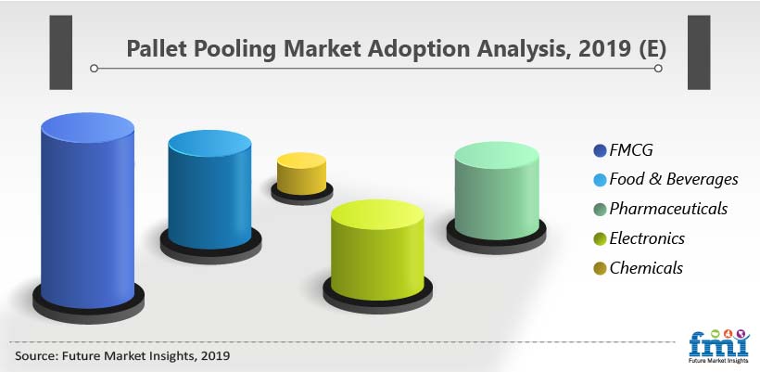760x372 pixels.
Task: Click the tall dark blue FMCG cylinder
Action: pos(88,211)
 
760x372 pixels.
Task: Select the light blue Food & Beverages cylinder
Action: pos(209,189)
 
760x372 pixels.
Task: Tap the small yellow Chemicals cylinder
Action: pos(301,173)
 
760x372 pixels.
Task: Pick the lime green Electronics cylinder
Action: pos(377,250)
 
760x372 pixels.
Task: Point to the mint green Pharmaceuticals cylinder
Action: pos(497,190)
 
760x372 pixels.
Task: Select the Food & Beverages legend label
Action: pos(674,179)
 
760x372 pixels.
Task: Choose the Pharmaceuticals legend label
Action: pos(668,209)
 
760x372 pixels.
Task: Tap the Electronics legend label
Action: pos(647,238)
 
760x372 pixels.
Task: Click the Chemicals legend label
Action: pos(646,268)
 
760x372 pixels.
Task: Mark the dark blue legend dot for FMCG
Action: pos(600,151)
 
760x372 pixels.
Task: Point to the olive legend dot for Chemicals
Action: pos(600,268)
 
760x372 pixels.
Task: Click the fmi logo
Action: pos(719,346)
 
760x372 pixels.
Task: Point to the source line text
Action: pos(122,356)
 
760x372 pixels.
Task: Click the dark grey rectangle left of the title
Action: pos(60,52)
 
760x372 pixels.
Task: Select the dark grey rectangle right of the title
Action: pos(699,52)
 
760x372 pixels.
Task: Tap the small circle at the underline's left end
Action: pos(94,69)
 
